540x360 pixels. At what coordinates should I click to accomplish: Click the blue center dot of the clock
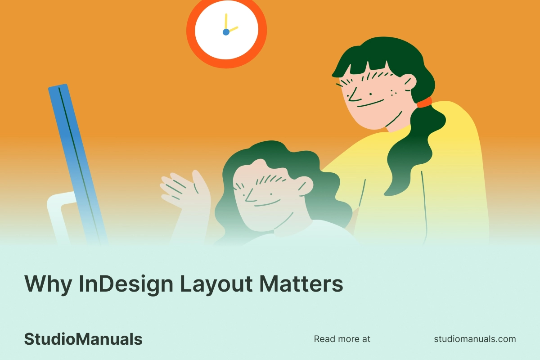click(226, 32)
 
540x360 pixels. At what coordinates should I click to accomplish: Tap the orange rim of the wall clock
click(190, 31)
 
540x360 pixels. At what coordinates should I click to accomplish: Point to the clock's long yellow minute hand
click(226, 22)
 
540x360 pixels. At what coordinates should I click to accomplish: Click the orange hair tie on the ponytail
click(424, 103)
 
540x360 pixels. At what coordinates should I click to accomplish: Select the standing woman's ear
click(410, 82)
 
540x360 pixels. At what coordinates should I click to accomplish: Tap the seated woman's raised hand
click(185, 190)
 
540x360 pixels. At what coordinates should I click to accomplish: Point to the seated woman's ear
click(306, 186)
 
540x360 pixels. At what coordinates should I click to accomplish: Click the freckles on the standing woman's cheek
click(393, 93)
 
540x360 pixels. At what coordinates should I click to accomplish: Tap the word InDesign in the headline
click(126, 284)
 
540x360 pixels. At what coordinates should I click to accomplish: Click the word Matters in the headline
click(301, 284)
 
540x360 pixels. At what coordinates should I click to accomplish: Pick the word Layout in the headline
click(216, 284)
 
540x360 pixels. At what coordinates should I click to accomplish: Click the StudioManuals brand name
click(83, 339)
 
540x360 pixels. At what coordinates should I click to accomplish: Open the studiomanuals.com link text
click(475, 339)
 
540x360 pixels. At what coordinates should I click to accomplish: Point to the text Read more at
click(342, 339)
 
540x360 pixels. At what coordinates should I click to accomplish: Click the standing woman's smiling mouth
click(370, 103)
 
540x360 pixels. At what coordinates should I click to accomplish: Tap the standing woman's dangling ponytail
click(414, 149)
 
